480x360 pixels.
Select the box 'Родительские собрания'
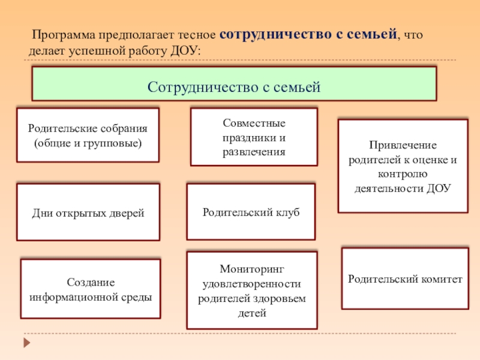pyautogui.click(x=88, y=135)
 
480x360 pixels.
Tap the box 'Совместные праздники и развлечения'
pyautogui.click(x=254, y=137)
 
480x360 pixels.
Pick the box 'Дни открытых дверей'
pyautogui.click(x=88, y=212)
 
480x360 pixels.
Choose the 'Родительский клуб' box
pyautogui.click(x=251, y=212)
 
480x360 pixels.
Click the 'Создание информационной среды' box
pyautogui.click(x=91, y=289)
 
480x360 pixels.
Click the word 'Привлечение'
pyautogui.click(x=403, y=146)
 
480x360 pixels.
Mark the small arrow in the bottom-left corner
pyautogui.click(x=26, y=343)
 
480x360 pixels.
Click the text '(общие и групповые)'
pyautogui.click(x=88, y=143)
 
